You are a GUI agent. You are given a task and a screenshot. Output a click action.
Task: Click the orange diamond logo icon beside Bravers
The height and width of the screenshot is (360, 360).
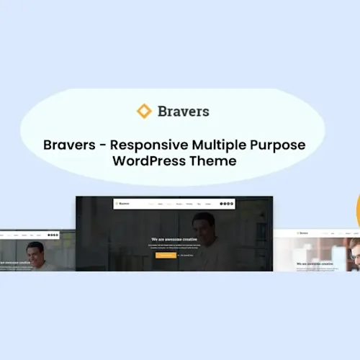pyautogui.click(x=145, y=111)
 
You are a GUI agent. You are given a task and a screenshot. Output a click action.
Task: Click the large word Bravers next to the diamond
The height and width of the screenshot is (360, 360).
pyautogui.click(x=184, y=111)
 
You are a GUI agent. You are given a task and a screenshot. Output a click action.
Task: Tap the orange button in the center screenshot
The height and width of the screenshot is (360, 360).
pyautogui.click(x=166, y=254)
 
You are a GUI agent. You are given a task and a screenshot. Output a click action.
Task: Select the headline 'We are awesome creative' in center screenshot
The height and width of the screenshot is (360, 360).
pyautogui.click(x=174, y=238)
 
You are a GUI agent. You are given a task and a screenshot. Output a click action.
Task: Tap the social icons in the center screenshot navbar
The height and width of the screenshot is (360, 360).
pyautogui.click(x=226, y=204)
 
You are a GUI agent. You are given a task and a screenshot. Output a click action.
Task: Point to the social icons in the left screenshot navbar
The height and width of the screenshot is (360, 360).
pyautogui.click(x=52, y=235)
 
